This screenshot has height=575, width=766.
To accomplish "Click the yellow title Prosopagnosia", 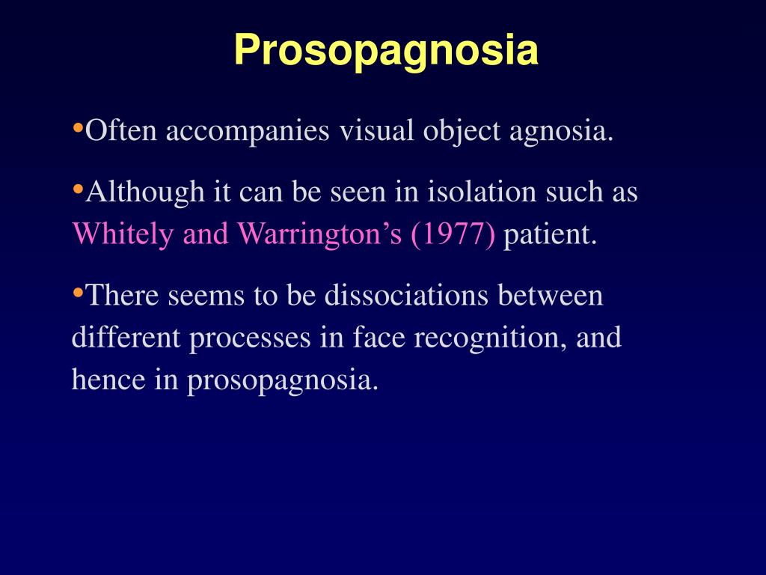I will pos(386,51).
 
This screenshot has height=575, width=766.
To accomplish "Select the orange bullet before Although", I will pos(78,189).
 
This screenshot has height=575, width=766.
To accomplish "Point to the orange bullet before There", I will pos(78,293).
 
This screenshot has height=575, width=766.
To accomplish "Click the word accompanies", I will pos(248,132).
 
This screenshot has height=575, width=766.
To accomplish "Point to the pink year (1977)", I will pos(453,235).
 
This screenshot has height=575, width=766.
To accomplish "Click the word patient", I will pos(550,235).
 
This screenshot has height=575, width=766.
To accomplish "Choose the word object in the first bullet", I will pos(459,133).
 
